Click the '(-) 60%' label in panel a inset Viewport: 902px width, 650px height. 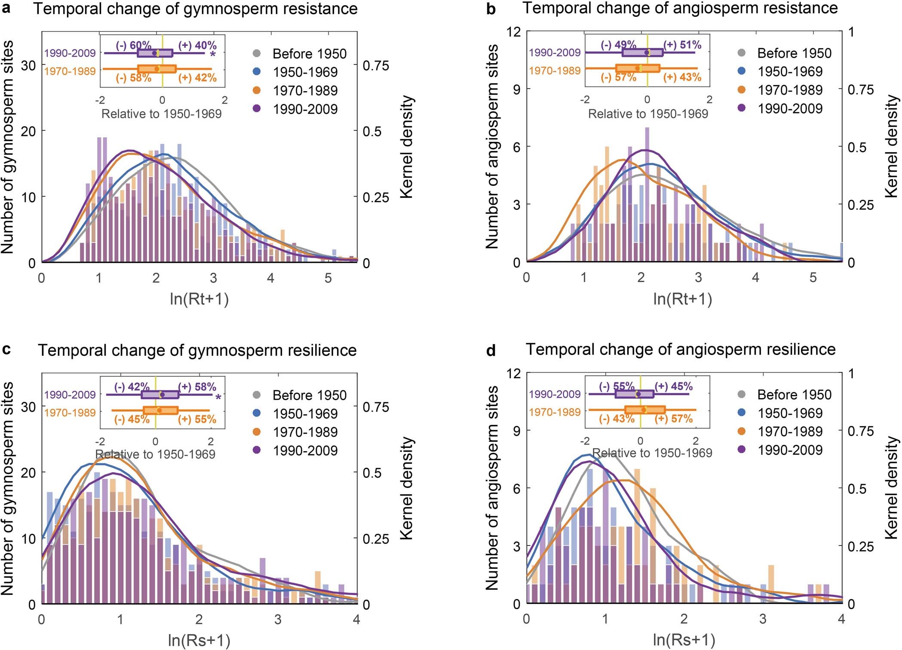(x=133, y=45)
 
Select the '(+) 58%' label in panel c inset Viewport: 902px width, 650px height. (x=197, y=386)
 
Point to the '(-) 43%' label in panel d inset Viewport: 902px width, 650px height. (x=617, y=419)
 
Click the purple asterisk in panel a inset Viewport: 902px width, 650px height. (x=213, y=55)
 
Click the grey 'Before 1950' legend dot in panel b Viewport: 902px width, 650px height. (x=741, y=53)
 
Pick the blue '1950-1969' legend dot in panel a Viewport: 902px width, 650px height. (x=257, y=72)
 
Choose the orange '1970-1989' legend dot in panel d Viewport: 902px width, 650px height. (x=741, y=431)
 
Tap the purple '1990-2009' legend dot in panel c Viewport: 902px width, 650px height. (x=257, y=450)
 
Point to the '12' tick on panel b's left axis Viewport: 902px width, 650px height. (x=513, y=31)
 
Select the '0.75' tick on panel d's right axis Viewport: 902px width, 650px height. (x=860, y=431)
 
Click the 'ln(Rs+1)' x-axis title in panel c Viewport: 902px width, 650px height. (x=199, y=640)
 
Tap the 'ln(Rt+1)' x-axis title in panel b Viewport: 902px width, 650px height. (x=683, y=299)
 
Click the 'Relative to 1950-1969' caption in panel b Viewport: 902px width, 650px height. (x=647, y=114)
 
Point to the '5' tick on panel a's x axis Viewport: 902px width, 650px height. (x=328, y=278)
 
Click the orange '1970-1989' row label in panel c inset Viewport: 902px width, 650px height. (x=70, y=413)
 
